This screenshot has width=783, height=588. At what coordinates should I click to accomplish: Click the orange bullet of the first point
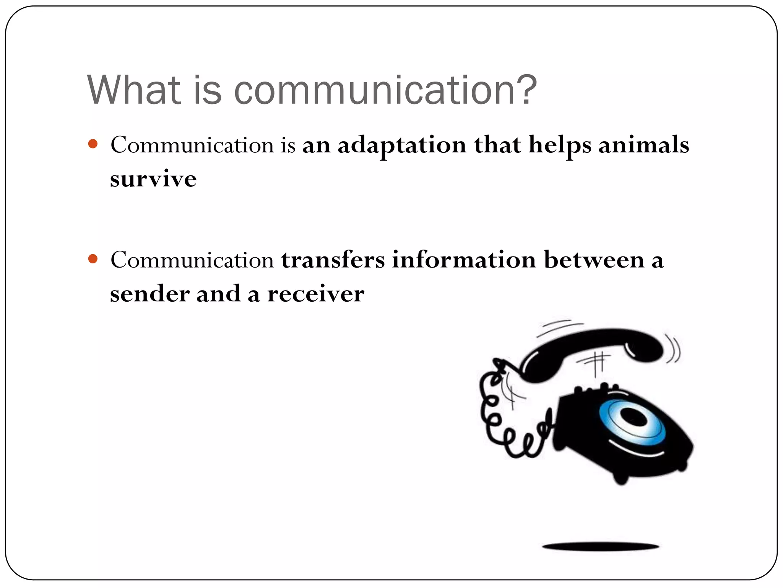click(93, 144)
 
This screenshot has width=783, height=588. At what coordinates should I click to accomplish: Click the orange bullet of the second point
click(93, 259)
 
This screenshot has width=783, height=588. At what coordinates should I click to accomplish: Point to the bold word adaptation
click(402, 145)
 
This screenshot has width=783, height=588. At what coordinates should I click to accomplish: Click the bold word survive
click(153, 179)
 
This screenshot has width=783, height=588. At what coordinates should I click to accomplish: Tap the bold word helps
click(560, 145)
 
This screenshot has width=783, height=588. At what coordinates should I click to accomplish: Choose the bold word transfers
click(333, 260)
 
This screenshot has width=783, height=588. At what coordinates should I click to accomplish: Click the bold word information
click(464, 260)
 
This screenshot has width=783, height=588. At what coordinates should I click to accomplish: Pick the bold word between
click(594, 260)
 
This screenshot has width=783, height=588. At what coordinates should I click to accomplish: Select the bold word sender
click(149, 294)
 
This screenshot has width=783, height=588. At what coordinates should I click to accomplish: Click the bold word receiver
click(315, 294)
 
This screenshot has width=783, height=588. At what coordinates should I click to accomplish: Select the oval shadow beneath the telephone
click(600, 546)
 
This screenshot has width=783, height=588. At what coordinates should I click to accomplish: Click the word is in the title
click(207, 90)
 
